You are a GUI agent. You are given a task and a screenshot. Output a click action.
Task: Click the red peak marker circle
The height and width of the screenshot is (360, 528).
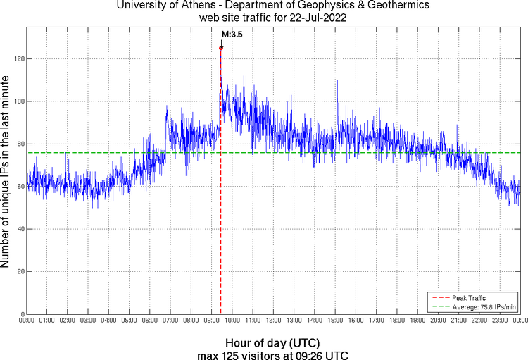pos(221,48)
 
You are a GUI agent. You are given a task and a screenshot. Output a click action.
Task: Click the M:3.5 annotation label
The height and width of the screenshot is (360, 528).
pos(232,33)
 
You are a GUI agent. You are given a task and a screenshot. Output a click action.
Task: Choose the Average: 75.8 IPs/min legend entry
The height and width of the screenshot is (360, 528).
pos(482,306)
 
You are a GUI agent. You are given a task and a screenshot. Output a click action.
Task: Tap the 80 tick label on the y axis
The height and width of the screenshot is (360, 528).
pos(18,144)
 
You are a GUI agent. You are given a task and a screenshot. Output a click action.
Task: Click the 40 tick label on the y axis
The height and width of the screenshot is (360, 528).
pos(18,229)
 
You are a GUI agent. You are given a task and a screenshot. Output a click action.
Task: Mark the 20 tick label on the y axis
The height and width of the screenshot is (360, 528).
pos(18,271)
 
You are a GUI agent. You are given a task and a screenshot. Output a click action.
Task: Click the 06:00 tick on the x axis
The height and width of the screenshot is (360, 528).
pos(150,320)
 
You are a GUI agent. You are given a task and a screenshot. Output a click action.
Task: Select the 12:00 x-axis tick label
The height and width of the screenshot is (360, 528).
pos(273,320)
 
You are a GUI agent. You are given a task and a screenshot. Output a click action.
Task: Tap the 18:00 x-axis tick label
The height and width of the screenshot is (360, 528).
pos(396,320)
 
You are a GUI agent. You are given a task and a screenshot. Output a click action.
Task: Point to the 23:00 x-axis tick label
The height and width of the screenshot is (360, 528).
pos(499,320)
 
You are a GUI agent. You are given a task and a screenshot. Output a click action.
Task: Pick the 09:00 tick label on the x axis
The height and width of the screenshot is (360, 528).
pos(211,320)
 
